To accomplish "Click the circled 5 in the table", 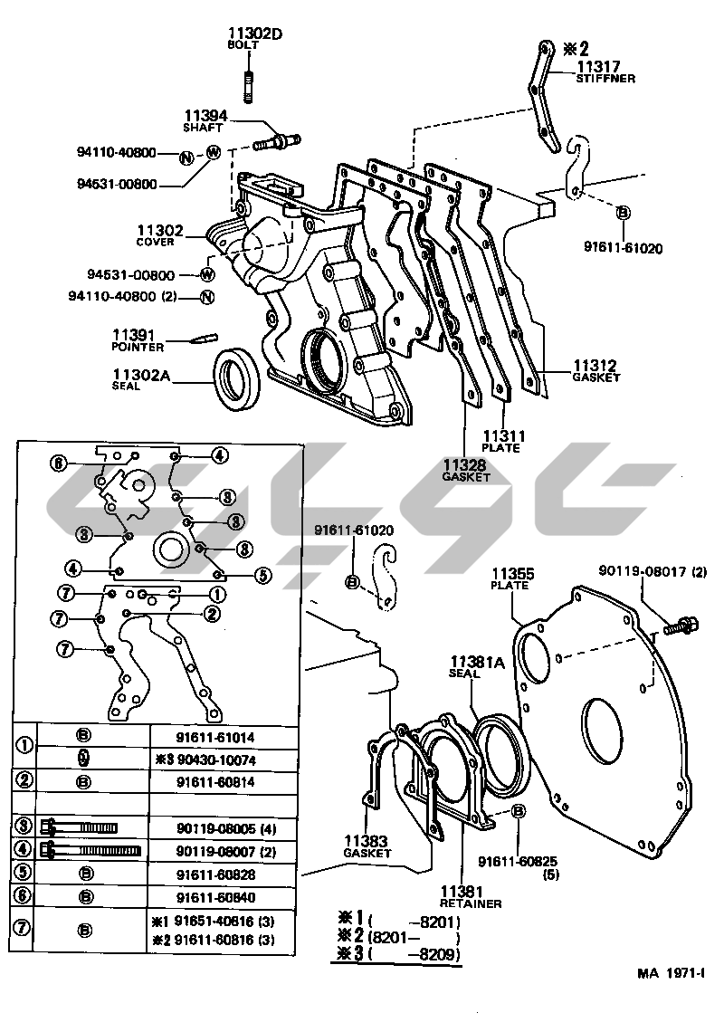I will click(x=24, y=874).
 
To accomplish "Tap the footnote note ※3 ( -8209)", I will click(x=399, y=955).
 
